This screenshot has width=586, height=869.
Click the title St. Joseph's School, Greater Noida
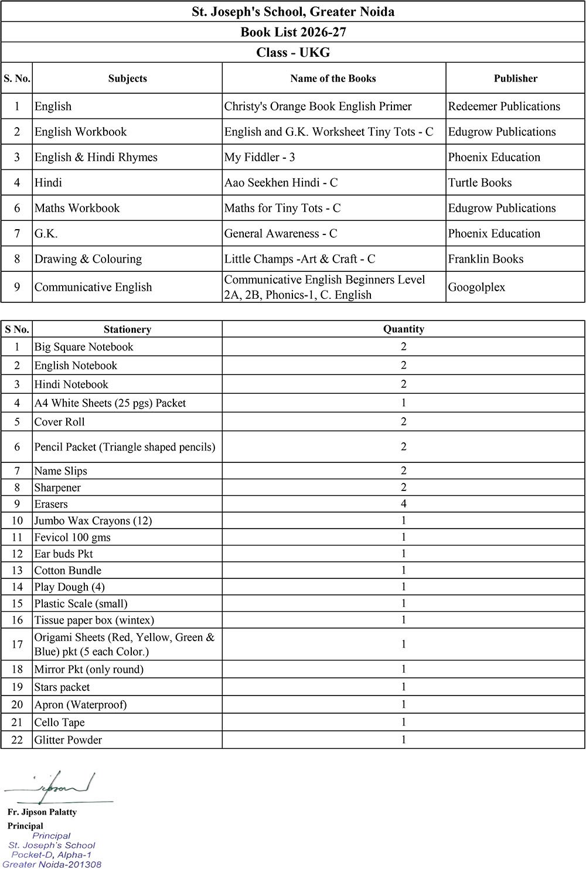tap(293, 12)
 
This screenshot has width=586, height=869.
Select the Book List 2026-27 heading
tap(293, 32)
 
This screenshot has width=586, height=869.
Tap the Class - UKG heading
tap(293, 53)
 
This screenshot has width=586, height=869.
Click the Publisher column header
tap(515, 79)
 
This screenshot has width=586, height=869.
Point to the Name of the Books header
tap(333, 79)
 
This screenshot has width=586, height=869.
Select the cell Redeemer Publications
tap(504, 107)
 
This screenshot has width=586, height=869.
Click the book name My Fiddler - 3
tap(260, 157)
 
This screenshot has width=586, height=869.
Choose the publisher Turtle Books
tap(480, 183)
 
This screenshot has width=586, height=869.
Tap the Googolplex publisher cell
tap(476, 287)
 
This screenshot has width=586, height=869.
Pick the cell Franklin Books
tap(486, 259)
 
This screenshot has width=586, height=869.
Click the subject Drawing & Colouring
tap(88, 259)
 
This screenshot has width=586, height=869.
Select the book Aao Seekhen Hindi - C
tap(281, 183)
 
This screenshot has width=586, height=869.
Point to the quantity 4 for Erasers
tap(404, 504)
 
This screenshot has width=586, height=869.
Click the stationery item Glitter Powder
tap(68, 740)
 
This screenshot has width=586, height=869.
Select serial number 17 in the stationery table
tap(17, 645)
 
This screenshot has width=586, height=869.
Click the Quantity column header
tap(404, 329)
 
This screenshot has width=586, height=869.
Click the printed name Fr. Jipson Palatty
tap(42, 812)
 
